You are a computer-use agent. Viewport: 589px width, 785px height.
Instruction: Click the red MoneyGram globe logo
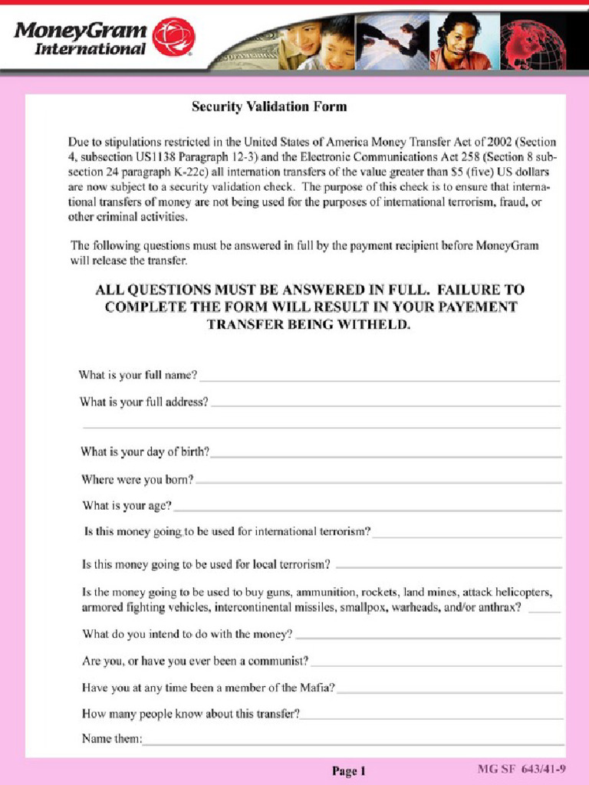click(173, 37)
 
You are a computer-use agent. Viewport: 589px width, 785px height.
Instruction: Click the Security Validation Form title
click(268, 107)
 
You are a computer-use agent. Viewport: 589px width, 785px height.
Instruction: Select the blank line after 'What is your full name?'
click(379, 378)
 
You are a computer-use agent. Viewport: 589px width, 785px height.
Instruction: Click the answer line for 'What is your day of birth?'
click(386, 454)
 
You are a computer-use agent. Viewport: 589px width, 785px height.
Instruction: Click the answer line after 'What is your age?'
click(367, 507)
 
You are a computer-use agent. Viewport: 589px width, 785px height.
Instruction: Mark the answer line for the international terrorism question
click(466, 534)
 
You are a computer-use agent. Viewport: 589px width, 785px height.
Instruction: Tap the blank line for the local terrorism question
click(449, 567)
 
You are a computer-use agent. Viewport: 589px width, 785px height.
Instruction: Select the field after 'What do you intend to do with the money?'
click(428, 636)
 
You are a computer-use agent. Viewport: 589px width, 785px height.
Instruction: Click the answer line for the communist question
click(436, 663)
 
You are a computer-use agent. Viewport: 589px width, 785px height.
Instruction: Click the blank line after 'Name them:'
click(353, 741)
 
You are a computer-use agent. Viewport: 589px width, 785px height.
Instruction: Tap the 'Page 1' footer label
click(349, 771)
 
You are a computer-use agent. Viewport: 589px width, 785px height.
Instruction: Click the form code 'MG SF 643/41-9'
click(522, 768)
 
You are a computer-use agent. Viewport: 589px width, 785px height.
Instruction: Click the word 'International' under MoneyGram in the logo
click(90, 49)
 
